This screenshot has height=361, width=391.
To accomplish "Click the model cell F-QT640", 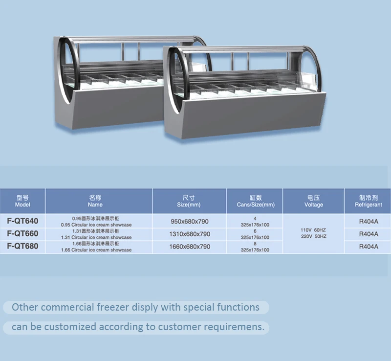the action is (23, 221).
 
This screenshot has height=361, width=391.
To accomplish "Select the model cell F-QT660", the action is (23, 233).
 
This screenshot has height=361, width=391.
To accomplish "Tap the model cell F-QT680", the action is (23, 246).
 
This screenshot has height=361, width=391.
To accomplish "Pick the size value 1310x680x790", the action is (190, 234).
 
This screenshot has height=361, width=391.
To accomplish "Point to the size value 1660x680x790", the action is (190, 247).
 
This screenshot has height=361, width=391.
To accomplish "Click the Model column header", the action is (23, 201).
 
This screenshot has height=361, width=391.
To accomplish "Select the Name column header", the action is (96, 201).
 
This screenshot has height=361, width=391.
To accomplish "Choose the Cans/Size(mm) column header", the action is (256, 201).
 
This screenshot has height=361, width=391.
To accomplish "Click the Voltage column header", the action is (313, 201).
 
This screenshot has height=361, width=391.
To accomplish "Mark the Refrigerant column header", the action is (369, 201).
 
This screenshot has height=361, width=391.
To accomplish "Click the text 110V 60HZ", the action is (313, 229).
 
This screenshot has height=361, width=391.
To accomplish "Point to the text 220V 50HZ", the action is (313, 236).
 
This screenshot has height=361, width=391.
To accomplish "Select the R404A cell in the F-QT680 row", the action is (369, 247).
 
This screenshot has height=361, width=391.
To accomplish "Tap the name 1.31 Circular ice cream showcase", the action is (96, 237).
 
